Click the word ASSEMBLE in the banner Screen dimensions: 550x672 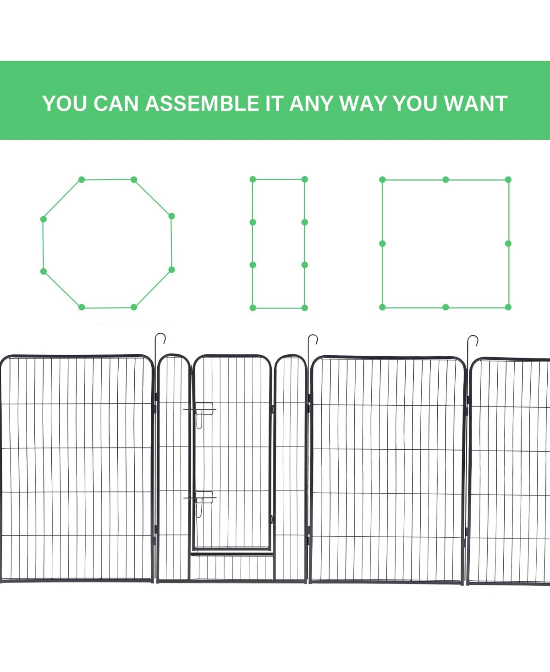(x=202, y=103)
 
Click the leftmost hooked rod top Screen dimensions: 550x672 (x=160, y=338)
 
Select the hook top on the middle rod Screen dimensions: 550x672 (x=313, y=339)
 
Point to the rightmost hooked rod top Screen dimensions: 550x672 (x=473, y=340)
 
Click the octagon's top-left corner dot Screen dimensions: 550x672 (x=82, y=180)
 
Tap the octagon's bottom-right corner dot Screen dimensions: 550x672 (x=134, y=307)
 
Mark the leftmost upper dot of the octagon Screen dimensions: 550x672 (x=44, y=219)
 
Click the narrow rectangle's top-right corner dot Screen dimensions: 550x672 (x=305, y=179)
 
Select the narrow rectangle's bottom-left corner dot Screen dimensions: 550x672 (x=253, y=308)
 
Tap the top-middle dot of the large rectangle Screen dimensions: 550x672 (x=446, y=180)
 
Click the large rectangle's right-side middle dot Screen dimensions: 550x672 (x=508, y=243)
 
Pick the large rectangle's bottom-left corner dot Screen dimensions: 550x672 (x=383, y=307)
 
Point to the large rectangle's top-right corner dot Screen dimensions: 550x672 (x=508, y=180)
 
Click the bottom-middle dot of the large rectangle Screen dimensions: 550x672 (x=446, y=307)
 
